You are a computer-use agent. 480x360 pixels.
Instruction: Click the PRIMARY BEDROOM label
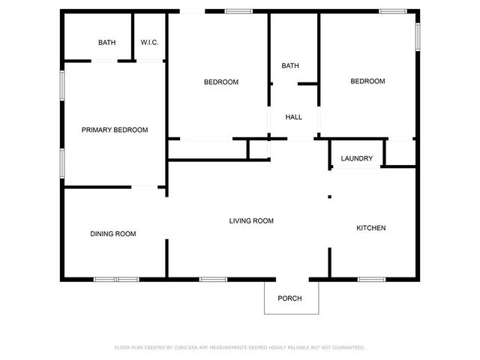[115, 130]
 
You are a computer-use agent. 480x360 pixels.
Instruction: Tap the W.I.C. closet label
[149, 43]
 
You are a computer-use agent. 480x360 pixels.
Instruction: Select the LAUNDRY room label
[356, 158]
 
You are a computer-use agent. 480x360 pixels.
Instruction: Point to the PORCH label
[289, 298]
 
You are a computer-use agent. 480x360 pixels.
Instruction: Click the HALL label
[293, 117]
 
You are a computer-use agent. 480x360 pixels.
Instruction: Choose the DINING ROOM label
[113, 234]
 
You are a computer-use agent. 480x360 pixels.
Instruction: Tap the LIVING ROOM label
[251, 220]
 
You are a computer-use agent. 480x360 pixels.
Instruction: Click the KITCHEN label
[370, 228]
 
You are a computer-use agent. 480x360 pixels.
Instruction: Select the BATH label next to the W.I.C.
[107, 43]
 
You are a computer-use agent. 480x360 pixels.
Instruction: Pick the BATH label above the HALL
[290, 66]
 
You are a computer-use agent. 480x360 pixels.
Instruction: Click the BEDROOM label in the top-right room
[368, 82]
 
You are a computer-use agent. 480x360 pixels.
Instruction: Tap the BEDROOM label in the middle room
[221, 82]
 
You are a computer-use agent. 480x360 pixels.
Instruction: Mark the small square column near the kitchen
[329, 197]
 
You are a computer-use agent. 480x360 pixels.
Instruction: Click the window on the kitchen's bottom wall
[370, 280]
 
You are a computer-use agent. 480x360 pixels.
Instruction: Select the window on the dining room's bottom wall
[116, 280]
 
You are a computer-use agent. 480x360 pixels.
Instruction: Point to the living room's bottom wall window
[213, 280]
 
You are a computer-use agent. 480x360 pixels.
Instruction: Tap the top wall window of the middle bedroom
[238, 10]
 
